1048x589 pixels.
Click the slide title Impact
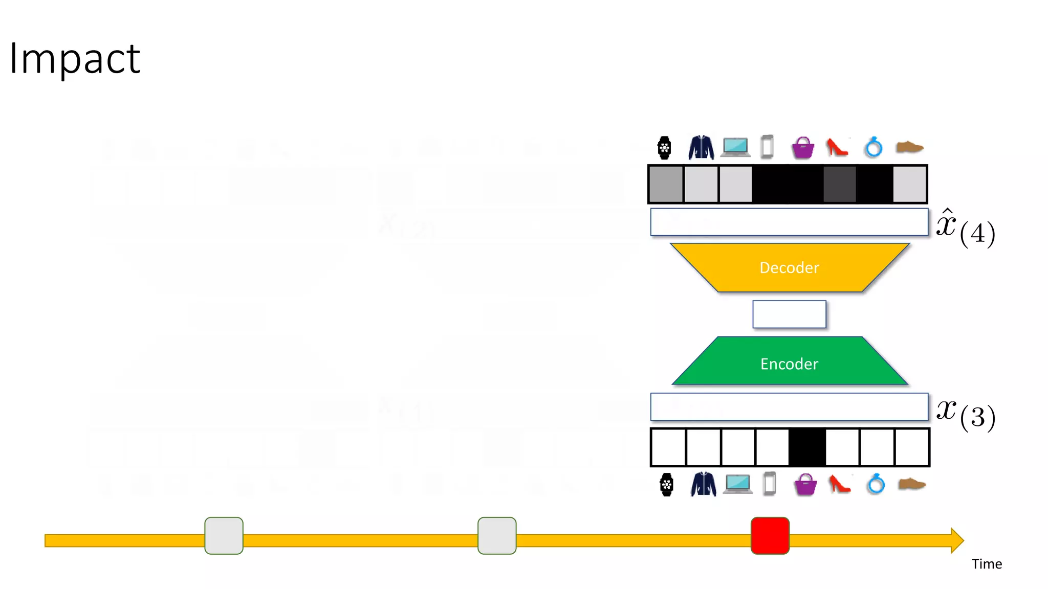coord(75,59)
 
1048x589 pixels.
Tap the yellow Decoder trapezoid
coord(789,268)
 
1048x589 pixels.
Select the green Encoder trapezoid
coord(789,363)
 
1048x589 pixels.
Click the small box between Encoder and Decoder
coord(789,314)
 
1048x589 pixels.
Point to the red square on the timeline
coord(770,535)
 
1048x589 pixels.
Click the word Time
coord(987,564)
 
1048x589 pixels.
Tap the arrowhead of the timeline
coord(957,540)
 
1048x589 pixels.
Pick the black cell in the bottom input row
coord(807,447)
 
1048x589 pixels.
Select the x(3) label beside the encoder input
coord(965,413)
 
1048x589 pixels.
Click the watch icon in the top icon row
coord(664,148)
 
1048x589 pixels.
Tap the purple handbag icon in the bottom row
coord(805,485)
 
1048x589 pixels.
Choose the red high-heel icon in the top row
coord(837,148)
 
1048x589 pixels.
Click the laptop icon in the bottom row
coord(737,484)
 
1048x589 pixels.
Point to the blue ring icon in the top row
coord(874,148)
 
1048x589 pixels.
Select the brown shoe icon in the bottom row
coord(912,484)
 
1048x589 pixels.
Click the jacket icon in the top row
coord(701,148)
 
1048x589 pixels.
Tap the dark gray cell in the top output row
coord(840,184)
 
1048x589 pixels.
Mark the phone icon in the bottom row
coord(769,484)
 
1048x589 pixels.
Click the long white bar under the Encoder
coord(789,407)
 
